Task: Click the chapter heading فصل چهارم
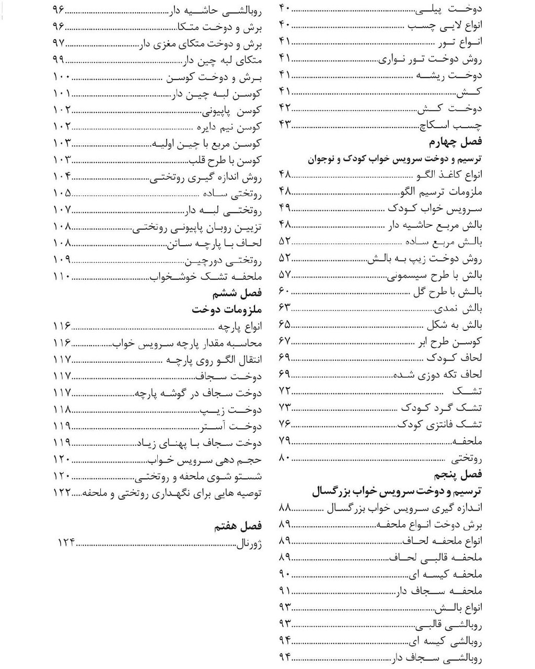pos(455,142)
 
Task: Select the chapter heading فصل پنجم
pos(458,475)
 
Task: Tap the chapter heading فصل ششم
pos(237,293)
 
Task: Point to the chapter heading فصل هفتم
pos(238,526)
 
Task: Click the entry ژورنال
pos(250,543)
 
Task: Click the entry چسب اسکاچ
pos(451,125)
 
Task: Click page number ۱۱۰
pos(62,276)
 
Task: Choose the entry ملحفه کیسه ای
pos(446,574)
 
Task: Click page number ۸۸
pos(285,507)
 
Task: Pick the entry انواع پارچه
pos(239,327)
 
